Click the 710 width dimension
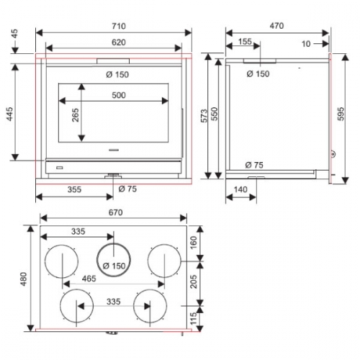(119, 26)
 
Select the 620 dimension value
(119, 42)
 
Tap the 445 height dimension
(9, 114)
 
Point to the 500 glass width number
(119, 95)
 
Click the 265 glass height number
(76, 115)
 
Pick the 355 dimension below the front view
(74, 189)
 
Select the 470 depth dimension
(276, 25)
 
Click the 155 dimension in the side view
(245, 41)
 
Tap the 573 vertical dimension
(204, 116)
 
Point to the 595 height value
(341, 114)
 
